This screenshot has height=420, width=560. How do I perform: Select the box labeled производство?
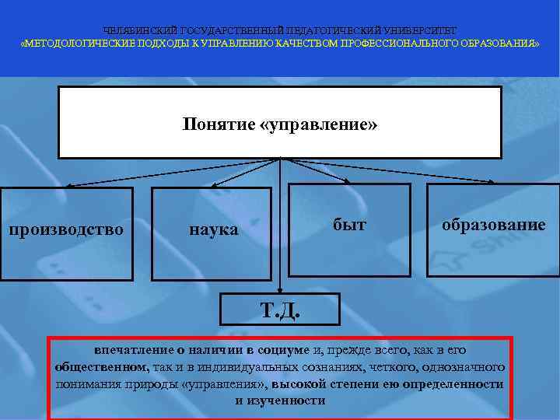click(x=65, y=229)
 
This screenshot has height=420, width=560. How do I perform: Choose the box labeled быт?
click(x=349, y=226)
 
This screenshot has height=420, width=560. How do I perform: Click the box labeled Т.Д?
click(x=280, y=310)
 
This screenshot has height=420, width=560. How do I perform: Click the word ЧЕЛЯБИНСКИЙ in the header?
click(x=140, y=30)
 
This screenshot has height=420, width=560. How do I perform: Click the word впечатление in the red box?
click(x=129, y=351)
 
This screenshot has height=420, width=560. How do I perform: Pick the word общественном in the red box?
click(x=102, y=367)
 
